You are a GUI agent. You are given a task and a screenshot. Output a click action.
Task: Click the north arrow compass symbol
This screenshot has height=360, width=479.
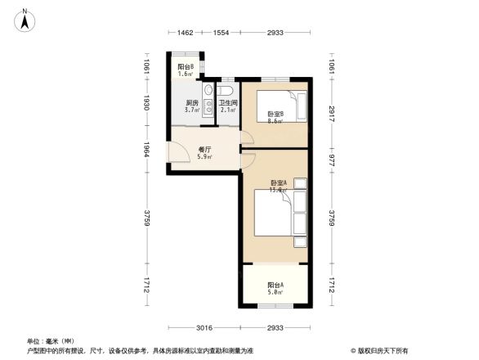[25, 19]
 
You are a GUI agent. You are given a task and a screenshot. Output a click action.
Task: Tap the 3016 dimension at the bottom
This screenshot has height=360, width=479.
[204, 327]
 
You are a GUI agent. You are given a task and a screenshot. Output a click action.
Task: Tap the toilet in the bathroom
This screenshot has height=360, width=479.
[227, 89]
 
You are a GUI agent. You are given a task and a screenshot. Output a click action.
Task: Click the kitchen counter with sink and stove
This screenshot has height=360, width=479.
[208, 103]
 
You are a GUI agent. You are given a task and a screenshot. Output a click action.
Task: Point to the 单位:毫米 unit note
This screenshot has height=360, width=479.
[50, 340]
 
